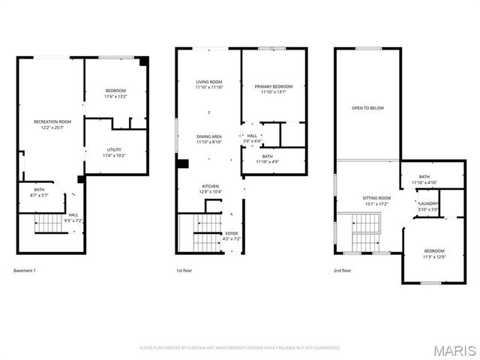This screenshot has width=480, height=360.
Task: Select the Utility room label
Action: (x=115, y=152)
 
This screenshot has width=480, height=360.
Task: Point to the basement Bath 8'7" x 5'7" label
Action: (x=39, y=193)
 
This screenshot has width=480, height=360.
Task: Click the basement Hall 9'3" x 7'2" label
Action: (x=73, y=217)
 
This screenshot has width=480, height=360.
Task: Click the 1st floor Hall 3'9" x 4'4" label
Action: (x=252, y=138)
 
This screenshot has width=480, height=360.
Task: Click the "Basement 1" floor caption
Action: (x=25, y=270)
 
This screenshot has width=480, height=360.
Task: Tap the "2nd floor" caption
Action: (x=342, y=270)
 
